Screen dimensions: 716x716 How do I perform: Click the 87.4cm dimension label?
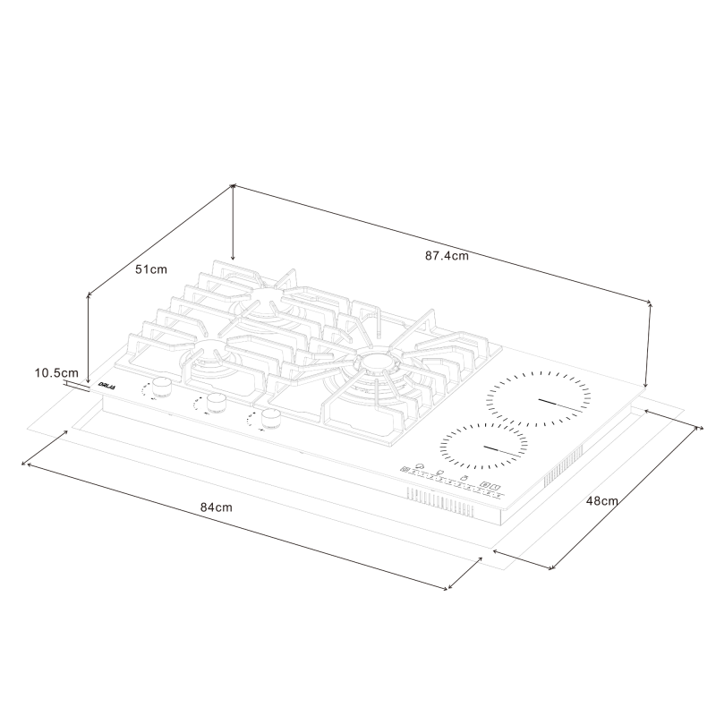(x=447, y=255)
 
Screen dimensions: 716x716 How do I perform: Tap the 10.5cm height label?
(x=56, y=371)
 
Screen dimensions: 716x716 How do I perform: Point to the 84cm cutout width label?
(x=216, y=507)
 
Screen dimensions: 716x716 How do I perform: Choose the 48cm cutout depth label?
(x=602, y=500)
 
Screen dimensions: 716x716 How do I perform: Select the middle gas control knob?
(x=216, y=404)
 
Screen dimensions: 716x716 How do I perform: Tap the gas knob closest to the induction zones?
(x=270, y=418)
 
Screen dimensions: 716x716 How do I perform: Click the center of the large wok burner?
(x=376, y=362)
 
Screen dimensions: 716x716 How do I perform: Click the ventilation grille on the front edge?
(x=441, y=502)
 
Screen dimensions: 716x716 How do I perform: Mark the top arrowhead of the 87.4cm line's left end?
(x=234, y=185)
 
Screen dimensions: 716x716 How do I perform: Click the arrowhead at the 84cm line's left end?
(x=24, y=465)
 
